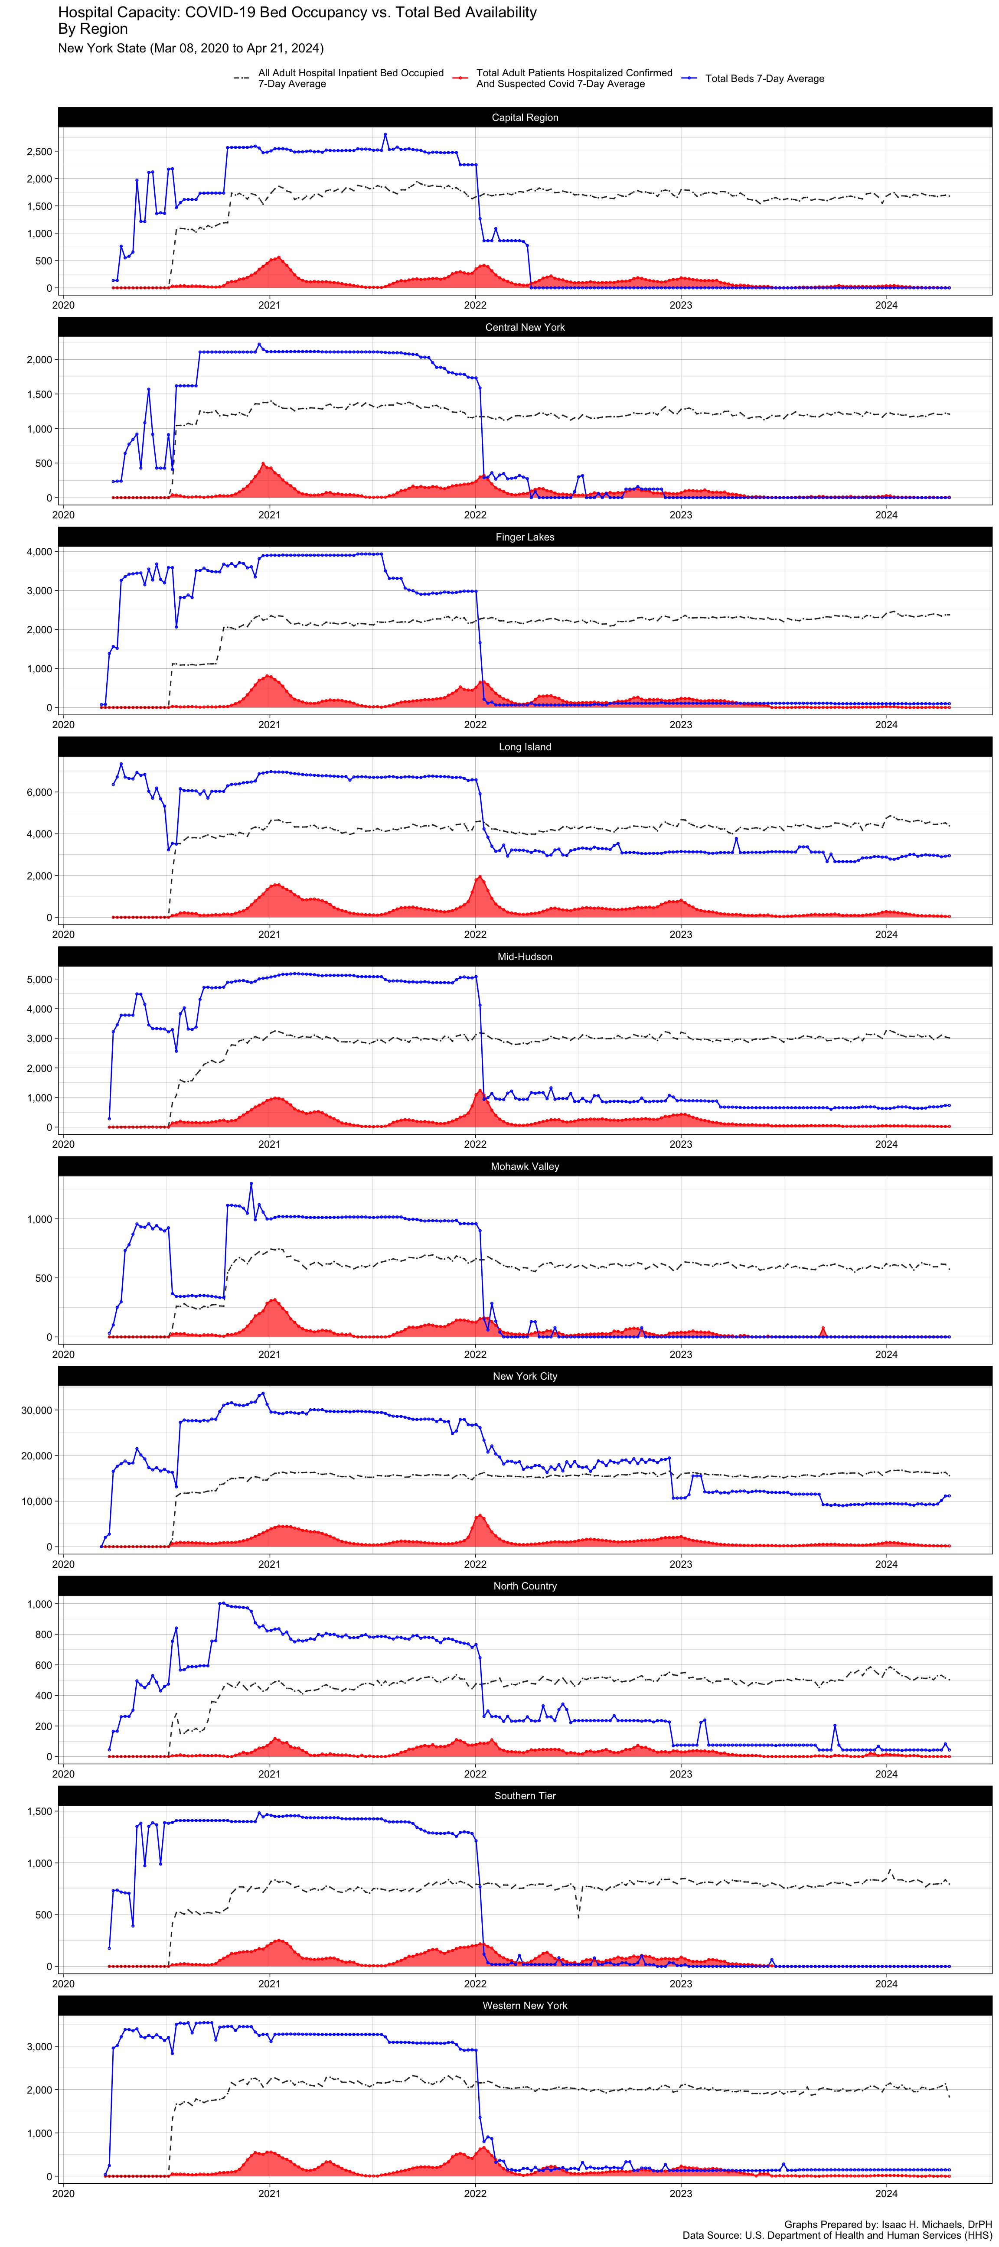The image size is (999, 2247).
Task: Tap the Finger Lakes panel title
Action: pyautogui.click(x=524, y=537)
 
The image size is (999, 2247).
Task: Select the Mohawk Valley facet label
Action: pyautogui.click(x=524, y=1166)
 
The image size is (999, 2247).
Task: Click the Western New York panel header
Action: pyautogui.click(x=524, y=2006)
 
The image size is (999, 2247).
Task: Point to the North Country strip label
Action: pyautogui.click(x=524, y=1586)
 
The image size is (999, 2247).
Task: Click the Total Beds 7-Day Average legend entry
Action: pyautogui.click(x=764, y=78)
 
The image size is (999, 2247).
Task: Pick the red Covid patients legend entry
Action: pyautogui.click(x=573, y=78)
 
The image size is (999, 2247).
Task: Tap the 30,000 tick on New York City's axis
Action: pyautogui.click(x=35, y=1410)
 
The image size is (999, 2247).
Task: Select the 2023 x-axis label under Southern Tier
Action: pyautogui.click(x=681, y=1983)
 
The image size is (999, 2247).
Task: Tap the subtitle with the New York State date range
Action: pyautogui.click(x=190, y=48)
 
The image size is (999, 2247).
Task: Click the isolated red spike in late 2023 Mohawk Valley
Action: pyautogui.click(x=823, y=1330)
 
